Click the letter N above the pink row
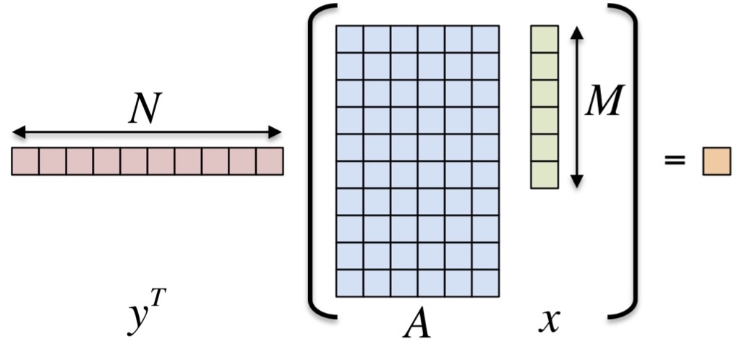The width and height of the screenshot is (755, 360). pyautogui.click(x=145, y=110)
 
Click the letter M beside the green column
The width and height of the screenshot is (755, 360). pyautogui.click(x=604, y=103)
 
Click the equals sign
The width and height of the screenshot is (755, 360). pyautogui.click(x=674, y=160)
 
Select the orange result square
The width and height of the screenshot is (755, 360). pyautogui.click(x=716, y=160)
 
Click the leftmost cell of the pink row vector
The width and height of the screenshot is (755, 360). pyautogui.click(x=25, y=161)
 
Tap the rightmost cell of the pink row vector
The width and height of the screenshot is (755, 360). pyautogui.click(x=270, y=161)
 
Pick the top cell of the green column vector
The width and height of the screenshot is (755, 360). pyautogui.click(x=544, y=39)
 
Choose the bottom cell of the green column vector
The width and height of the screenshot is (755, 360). pyautogui.click(x=544, y=175)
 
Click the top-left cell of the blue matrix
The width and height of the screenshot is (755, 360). pyautogui.click(x=349, y=39)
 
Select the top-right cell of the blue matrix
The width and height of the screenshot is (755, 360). pyautogui.click(x=485, y=39)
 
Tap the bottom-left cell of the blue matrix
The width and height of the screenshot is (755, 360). pyautogui.click(x=349, y=283)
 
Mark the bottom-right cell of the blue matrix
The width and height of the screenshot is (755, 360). pyautogui.click(x=485, y=283)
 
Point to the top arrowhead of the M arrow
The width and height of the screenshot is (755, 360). pyautogui.click(x=576, y=33)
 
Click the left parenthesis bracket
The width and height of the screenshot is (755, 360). pyautogui.click(x=318, y=160)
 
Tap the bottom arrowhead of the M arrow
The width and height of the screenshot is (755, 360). pyautogui.click(x=576, y=182)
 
